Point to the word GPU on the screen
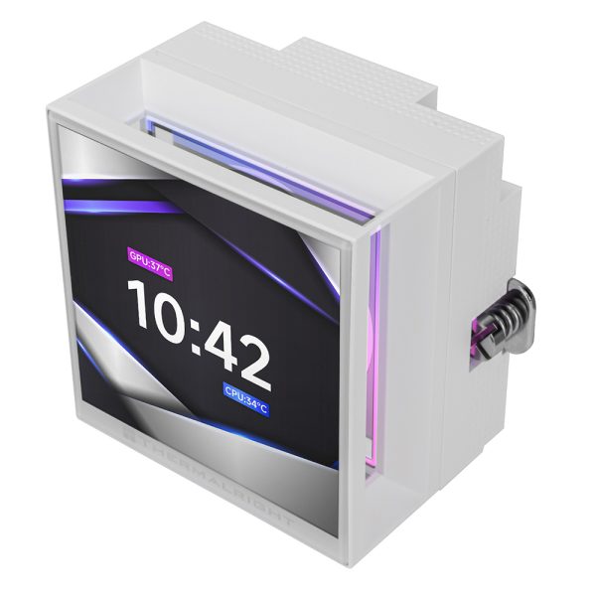pyautogui.click(x=138, y=255)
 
